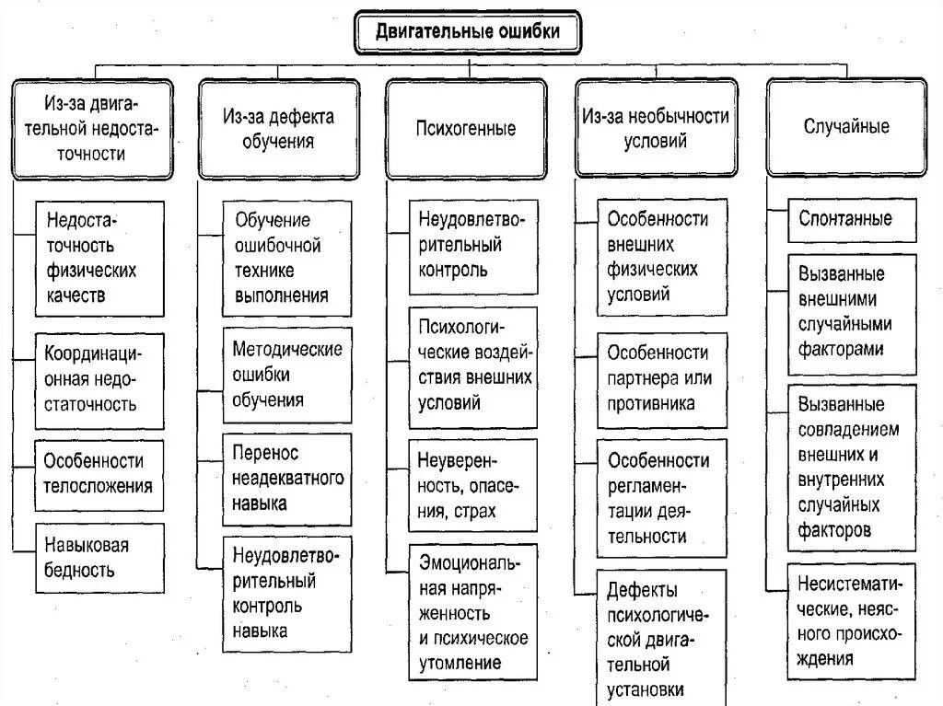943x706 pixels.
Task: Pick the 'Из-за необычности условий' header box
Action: point(656,128)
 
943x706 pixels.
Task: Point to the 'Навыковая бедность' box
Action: point(99,558)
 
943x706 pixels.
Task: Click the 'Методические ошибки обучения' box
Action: point(287,376)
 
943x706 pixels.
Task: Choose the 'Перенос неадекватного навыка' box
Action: point(287,479)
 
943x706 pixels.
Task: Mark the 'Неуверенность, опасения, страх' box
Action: point(473,485)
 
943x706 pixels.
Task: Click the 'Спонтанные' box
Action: point(852,219)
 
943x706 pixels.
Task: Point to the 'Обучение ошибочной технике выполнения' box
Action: point(287,259)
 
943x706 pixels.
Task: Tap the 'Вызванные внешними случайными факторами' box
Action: point(852,312)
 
